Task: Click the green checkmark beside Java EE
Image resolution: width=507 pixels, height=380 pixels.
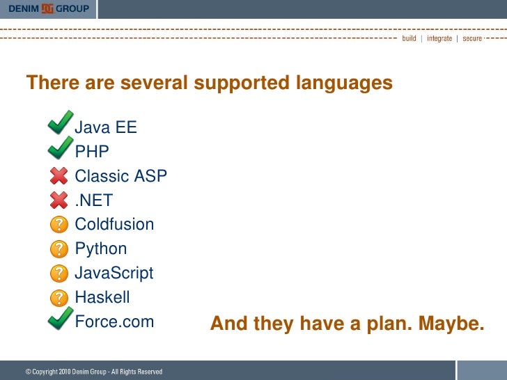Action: click(61, 123)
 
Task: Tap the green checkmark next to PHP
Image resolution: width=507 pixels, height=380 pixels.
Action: click(61, 148)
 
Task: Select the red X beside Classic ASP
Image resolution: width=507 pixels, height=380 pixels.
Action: click(60, 176)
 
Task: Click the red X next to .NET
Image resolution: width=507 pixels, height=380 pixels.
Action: click(60, 200)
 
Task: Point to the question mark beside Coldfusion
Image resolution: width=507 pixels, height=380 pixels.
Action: click(61, 225)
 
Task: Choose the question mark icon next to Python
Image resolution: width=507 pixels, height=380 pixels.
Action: click(61, 249)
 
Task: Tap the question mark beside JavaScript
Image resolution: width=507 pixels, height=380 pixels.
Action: click(61, 274)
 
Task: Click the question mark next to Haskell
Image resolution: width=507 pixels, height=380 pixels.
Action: click(61, 298)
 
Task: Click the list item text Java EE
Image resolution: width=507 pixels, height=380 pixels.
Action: click(106, 128)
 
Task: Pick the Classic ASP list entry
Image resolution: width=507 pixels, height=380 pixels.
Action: click(120, 176)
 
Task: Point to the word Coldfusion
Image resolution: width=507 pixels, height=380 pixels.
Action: click(114, 225)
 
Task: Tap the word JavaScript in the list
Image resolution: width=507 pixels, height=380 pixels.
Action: click(114, 274)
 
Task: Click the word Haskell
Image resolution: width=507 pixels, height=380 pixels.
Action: click(102, 298)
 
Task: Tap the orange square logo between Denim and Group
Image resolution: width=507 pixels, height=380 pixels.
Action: click(47, 8)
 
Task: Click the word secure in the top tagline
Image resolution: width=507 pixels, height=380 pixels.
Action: click(472, 39)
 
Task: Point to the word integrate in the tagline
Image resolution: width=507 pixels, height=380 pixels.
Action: click(439, 39)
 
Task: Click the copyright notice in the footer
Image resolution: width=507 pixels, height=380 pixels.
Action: click(94, 372)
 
